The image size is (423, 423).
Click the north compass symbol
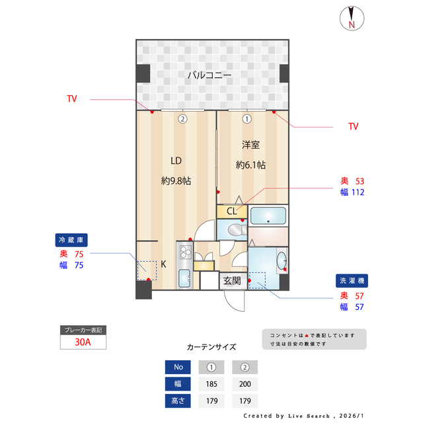[351, 19]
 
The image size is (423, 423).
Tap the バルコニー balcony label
[209, 75]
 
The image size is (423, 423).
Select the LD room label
[176, 161]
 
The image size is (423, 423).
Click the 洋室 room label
[250, 145]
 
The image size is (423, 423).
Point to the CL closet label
[231, 211]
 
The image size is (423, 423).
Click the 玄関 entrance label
[231, 280]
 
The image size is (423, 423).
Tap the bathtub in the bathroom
[268, 215]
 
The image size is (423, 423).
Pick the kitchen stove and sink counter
[184, 264]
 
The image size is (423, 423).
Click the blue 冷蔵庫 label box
[71, 240]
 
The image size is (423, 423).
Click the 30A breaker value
[83, 342]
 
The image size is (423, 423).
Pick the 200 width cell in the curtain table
[245, 384]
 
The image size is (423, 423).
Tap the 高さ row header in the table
[177, 401]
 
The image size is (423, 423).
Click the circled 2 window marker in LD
[182, 120]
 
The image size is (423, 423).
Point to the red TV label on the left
[71, 99]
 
